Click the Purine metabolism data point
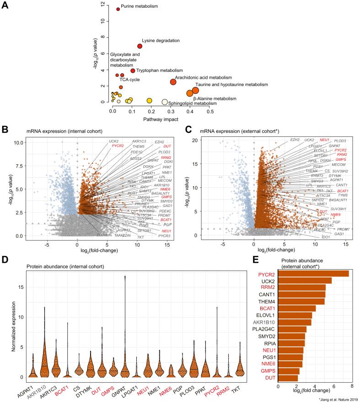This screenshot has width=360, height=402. (x=118, y=9)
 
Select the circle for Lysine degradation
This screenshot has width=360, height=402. (x=140, y=46)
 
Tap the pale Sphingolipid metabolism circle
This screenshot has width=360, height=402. (x=165, y=102)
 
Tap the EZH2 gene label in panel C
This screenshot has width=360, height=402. (x=296, y=139)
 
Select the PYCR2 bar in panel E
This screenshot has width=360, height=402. (x=313, y=273)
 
